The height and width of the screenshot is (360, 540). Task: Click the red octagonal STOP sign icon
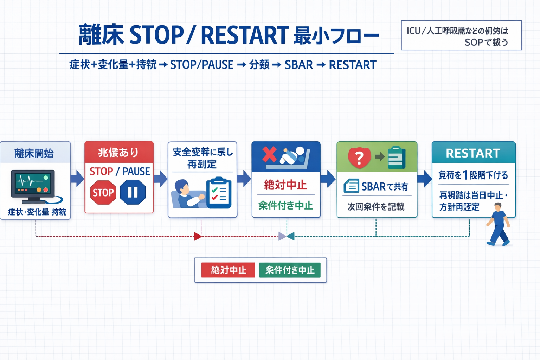[x=103, y=192]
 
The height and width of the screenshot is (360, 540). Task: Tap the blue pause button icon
[x=133, y=192]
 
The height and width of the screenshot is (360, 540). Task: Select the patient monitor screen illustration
[x=33, y=185]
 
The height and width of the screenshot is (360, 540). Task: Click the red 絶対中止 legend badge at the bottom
[x=228, y=270]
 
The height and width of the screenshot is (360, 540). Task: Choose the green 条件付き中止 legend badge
[x=290, y=270]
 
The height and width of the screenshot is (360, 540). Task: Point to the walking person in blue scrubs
[x=499, y=224]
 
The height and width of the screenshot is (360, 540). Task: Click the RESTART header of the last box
[x=473, y=153]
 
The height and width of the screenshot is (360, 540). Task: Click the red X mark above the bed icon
[x=270, y=154]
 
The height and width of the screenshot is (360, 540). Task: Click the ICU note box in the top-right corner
[x=461, y=36]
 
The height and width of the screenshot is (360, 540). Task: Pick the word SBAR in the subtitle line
[x=298, y=65]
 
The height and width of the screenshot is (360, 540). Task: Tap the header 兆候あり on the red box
[x=118, y=153]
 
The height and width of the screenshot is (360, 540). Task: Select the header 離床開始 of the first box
[x=34, y=153]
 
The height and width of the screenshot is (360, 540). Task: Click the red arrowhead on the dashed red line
[x=198, y=236]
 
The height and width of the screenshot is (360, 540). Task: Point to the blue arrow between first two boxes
[x=77, y=178]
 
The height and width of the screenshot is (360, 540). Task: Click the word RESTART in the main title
[x=244, y=35]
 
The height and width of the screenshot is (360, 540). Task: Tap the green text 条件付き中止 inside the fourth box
[x=285, y=206]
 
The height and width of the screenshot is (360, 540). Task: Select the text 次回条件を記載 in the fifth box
[x=376, y=207]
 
